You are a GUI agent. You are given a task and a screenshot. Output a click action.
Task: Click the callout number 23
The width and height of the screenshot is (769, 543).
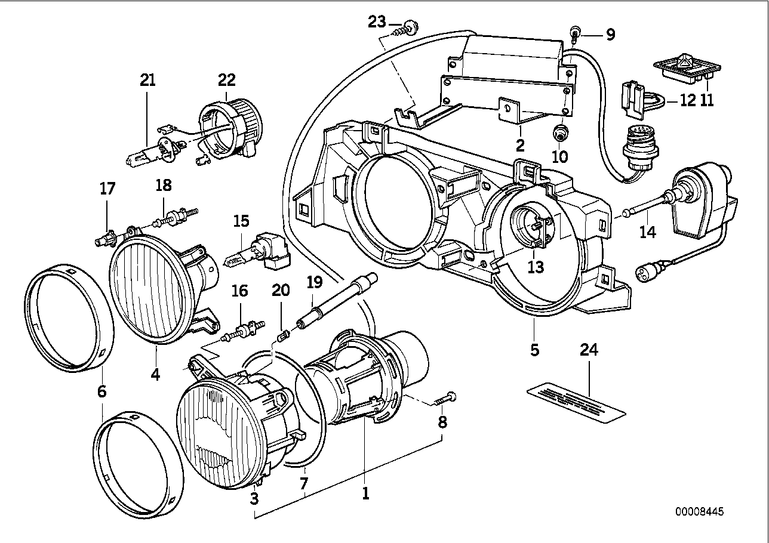tap(377, 23)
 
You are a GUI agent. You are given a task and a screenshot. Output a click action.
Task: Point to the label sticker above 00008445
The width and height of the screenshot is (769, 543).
tap(577, 401)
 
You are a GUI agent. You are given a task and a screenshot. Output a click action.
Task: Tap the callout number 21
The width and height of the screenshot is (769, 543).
tap(147, 80)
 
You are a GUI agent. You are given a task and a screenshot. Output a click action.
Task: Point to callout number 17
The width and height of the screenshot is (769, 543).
tap(107, 190)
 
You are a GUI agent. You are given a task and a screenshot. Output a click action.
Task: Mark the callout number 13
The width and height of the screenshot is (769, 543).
tap(536, 268)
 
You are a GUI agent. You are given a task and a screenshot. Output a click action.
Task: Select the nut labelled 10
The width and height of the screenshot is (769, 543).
tap(560, 134)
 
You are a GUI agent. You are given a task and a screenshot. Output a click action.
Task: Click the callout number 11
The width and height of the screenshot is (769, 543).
tap(708, 100)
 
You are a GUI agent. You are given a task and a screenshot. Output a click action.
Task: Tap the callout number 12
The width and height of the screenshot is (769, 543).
tap(688, 100)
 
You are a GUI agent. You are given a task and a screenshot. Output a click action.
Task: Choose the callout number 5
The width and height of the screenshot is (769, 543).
tap(534, 350)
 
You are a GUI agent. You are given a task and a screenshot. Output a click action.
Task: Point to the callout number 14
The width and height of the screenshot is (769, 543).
tap(647, 232)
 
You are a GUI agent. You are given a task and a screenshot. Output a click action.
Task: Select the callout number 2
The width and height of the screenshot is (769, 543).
tap(520, 145)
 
